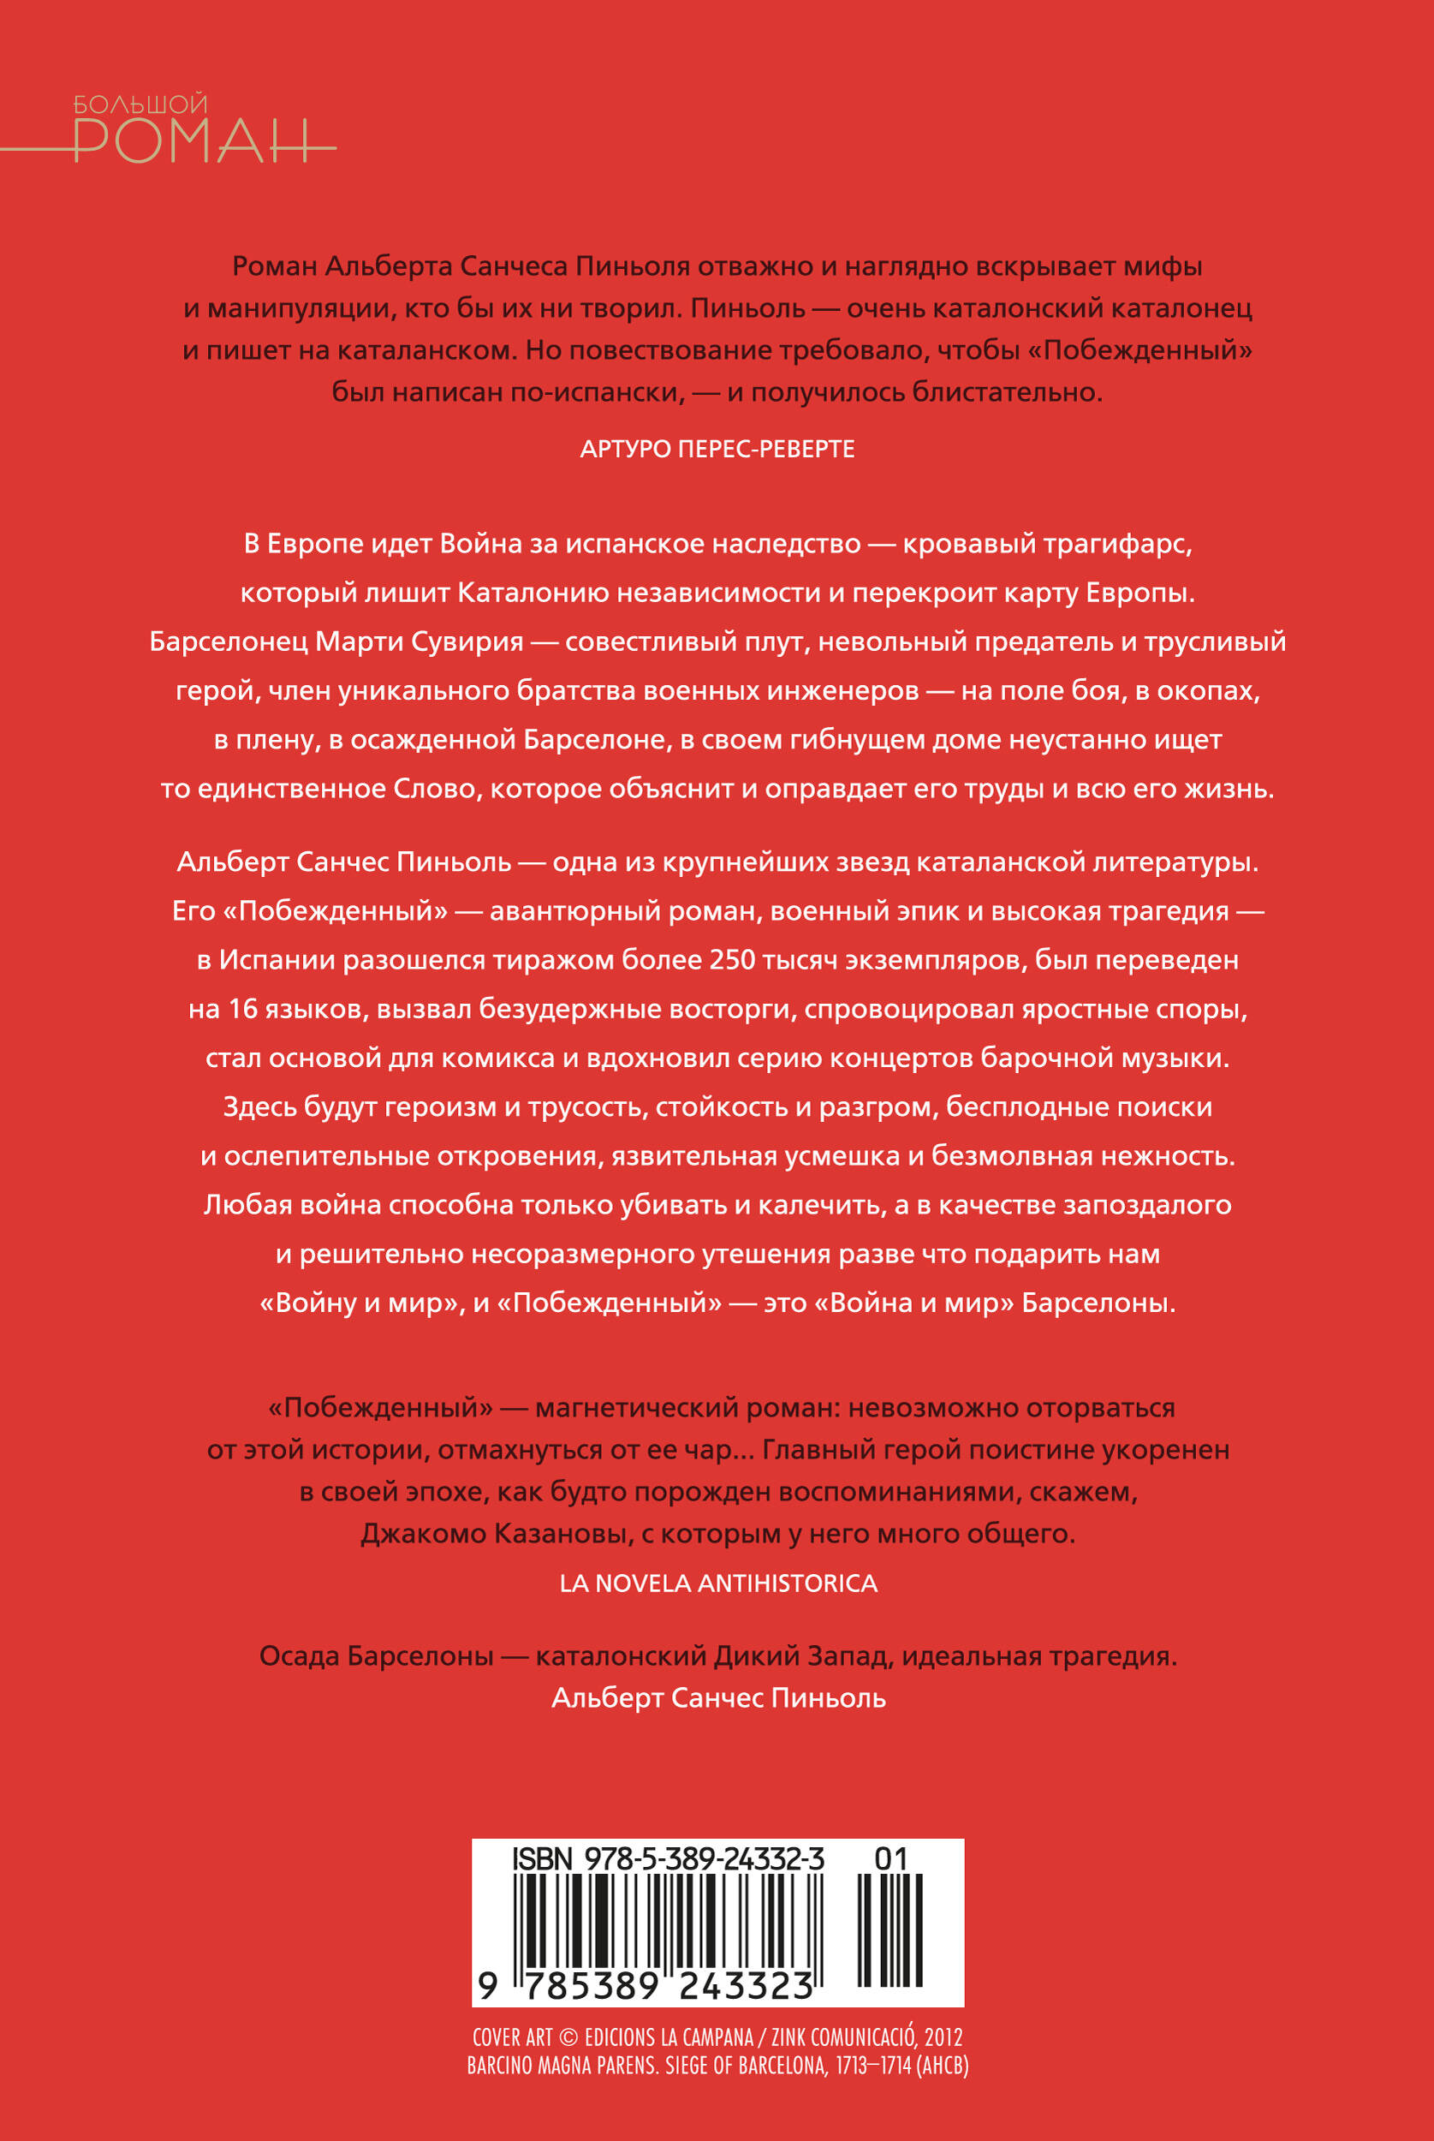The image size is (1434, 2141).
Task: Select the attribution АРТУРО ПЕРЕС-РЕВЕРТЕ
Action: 717,449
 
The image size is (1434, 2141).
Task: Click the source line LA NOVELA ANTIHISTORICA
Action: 718,1583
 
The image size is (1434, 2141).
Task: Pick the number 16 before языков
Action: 243,1010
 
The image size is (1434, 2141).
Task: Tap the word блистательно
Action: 1008,392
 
